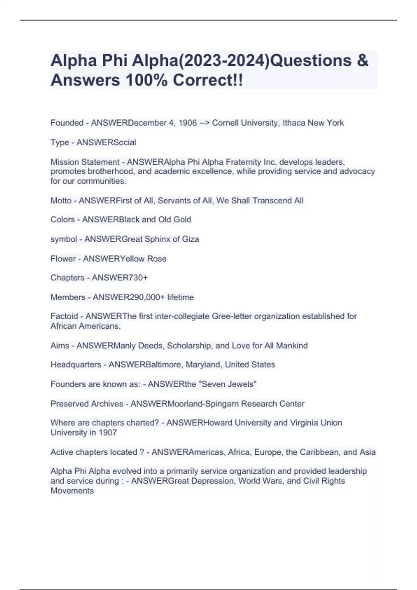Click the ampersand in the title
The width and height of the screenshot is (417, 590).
tap(362, 61)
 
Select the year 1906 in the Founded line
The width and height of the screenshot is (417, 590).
tap(188, 123)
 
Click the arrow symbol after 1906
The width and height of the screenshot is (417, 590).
tap(204, 123)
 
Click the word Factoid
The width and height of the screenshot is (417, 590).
tap(64, 317)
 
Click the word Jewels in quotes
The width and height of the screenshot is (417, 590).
tap(241, 384)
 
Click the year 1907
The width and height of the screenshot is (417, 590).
tap(108, 433)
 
